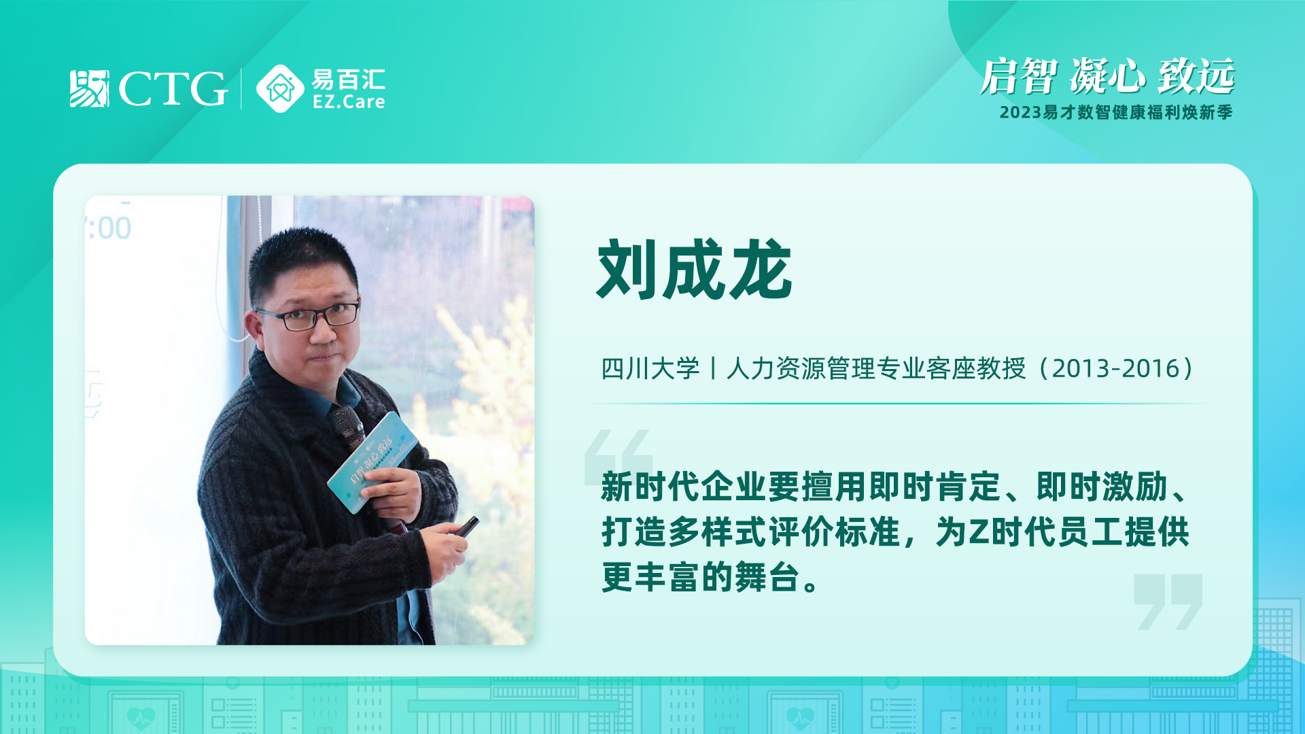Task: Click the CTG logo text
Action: tap(173, 88)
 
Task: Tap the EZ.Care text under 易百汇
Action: tap(349, 102)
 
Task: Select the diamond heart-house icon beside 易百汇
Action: tap(280, 88)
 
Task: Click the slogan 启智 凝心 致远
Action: tap(1107, 76)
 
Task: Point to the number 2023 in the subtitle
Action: tap(1020, 112)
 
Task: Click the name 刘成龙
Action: tap(695, 270)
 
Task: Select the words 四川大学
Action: tap(650, 368)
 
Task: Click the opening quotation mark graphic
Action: tap(618, 457)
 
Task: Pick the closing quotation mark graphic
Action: tap(1168, 601)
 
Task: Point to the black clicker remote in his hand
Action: tap(466, 526)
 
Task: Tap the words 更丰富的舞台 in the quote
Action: tap(700, 577)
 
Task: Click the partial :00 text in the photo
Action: tap(109, 228)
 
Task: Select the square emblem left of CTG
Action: tap(89, 88)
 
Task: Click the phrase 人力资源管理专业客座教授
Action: tap(876, 368)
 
